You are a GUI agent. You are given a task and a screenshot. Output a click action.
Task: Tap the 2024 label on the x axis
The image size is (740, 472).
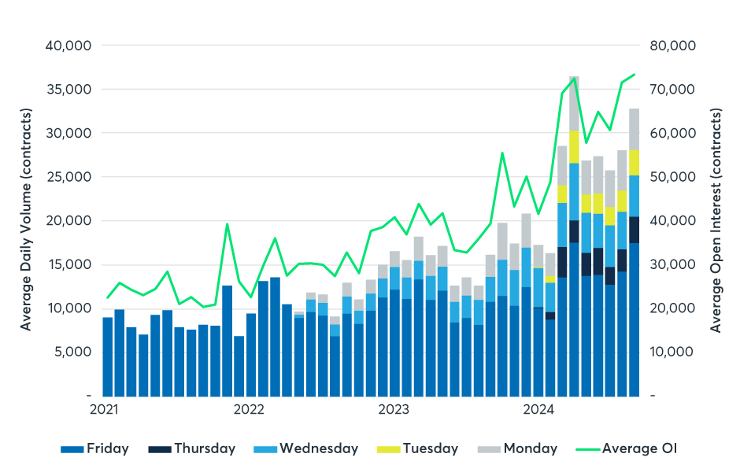click(540, 410)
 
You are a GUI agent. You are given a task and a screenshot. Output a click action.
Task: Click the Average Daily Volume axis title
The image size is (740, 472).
click(27, 220)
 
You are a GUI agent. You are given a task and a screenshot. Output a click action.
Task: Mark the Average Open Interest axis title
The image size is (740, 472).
click(716, 220)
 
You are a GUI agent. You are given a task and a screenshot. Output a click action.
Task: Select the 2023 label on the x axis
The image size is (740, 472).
click(394, 410)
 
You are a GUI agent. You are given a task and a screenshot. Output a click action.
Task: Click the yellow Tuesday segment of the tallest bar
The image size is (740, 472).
click(575, 146)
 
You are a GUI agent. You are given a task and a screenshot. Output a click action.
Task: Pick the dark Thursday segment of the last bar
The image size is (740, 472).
click(634, 230)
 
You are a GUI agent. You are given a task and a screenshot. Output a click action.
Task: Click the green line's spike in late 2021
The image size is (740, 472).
click(227, 224)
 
